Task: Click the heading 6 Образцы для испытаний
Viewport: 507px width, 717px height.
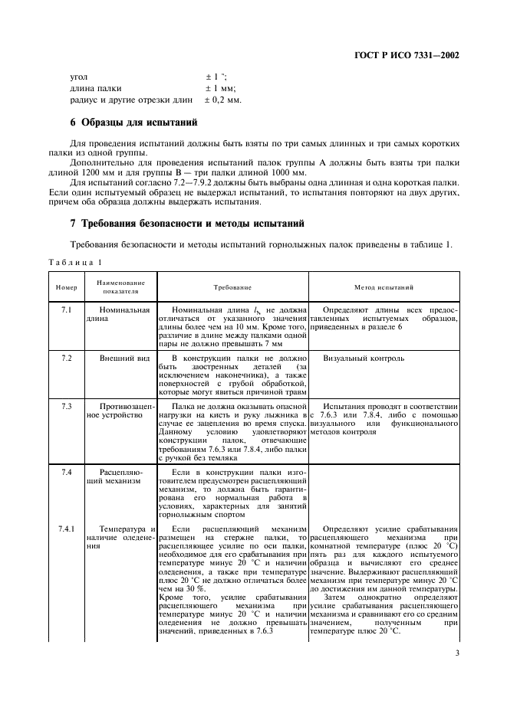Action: (x=133, y=122)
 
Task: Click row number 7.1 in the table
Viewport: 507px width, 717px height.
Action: (x=65, y=309)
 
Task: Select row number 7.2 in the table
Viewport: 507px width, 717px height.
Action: (x=65, y=358)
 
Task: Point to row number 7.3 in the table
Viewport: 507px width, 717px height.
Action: (x=65, y=405)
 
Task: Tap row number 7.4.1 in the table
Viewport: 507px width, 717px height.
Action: (x=67, y=529)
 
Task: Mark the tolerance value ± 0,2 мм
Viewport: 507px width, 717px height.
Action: (x=223, y=100)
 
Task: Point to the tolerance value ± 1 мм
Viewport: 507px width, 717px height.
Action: (x=220, y=88)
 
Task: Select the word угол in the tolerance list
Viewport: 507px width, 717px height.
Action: (x=79, y=77)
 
